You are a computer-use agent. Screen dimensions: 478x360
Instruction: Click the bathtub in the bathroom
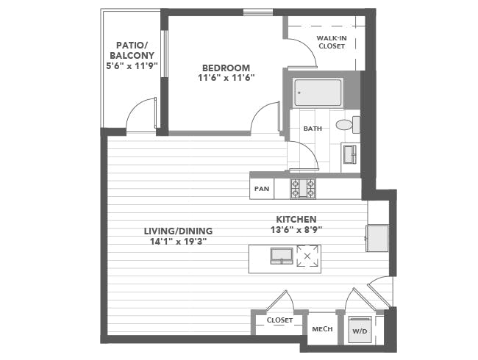pos(318,93)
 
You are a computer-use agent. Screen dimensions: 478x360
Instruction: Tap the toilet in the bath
pos(348,125)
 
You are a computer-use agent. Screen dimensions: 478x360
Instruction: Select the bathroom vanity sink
pos(349,154)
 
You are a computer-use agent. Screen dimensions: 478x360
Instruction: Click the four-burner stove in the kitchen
pos(303,188)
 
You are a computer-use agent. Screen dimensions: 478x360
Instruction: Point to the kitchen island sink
pos(282,256)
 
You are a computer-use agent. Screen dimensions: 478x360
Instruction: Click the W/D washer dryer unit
pos(360,331)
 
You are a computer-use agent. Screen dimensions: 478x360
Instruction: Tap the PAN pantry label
pos(262,189)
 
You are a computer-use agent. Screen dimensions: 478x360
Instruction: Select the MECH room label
pos(322,329)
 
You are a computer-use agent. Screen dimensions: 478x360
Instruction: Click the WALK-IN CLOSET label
pos(332,42)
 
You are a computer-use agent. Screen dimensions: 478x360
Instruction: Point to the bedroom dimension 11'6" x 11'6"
pos(226,78)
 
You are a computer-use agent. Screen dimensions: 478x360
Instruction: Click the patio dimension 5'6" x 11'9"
pos(132,66)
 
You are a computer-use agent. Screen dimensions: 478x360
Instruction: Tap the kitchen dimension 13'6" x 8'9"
pos(296,230)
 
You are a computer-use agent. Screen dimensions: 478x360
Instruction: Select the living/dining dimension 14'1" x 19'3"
pos(179,242)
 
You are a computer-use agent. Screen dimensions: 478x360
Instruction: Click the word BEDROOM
pos(226,68)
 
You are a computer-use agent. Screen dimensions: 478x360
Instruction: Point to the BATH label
pos(313,129)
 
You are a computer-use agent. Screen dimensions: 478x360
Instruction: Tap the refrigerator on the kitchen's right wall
pos(377,238)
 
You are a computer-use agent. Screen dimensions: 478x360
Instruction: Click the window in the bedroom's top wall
pos(258,12)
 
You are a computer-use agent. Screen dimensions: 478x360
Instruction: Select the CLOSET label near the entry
pos(279,320)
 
